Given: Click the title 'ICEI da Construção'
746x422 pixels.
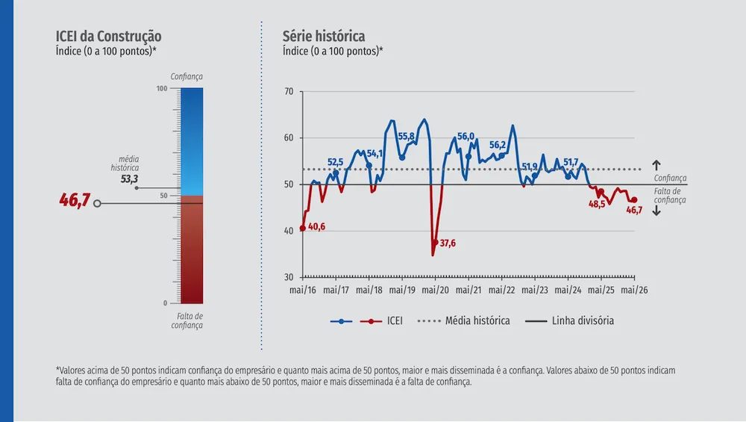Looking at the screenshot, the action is click(x=108, y=36).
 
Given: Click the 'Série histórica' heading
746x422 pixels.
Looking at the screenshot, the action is click(x=324, y=36).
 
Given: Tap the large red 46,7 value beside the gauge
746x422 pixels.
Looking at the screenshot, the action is click(x=75, y=200).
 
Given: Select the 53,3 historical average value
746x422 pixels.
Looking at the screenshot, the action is click(x=129, y=179).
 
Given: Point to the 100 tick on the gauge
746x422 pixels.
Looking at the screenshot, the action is click(x=162, y=89).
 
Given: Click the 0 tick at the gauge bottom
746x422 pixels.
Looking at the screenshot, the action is click(x=165, y=303).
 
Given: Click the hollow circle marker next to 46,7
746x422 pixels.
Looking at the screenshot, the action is click(x=97, y=203).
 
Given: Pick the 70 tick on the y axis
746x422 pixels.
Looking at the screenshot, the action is click(x=289, y=91).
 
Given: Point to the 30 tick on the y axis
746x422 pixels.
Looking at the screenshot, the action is click(x=289, y=277).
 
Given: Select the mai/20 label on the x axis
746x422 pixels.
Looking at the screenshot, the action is click(x=436, y=290).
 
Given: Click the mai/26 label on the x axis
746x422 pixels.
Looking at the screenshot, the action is click(x=634, y=290).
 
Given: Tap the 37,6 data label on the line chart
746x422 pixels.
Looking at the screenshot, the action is click(x=447, y=243).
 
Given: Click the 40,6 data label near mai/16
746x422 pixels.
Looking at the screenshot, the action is click(x=316, y=227).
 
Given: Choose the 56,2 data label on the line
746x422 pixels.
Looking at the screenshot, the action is click(x=498, y=145).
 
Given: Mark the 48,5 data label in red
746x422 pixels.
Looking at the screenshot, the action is click(x=597, y=205).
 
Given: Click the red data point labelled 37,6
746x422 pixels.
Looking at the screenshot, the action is click(x=436, y=243).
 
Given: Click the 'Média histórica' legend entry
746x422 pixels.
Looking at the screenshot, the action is click(x=463, y=320).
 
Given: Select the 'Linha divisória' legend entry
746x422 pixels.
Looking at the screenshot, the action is click(x=569, y=320).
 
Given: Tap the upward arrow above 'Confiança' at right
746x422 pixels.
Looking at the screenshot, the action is click(x=656, y=165).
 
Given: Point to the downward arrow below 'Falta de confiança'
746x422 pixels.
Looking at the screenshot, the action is click(x=656, y=211).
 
